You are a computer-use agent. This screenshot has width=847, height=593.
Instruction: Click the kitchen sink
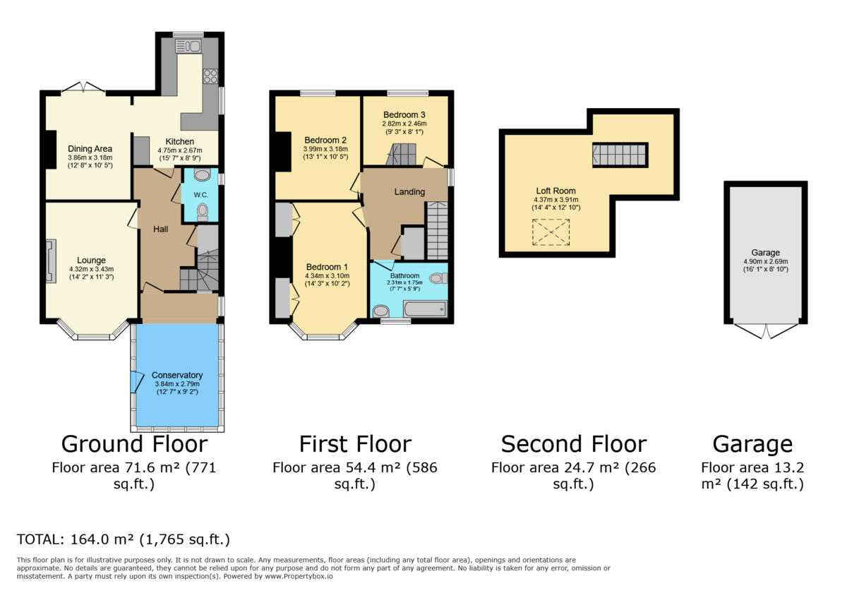tap(188, 46)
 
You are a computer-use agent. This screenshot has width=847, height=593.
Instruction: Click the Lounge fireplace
tap(49, 261)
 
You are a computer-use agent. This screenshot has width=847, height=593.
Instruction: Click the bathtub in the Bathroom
tap(424, 309)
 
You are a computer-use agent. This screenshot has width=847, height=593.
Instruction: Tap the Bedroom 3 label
tap(404, 114)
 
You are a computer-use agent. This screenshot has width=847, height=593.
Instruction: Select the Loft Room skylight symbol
tap(550, 232)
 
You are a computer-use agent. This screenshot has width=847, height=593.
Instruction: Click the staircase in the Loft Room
tap(620, 155)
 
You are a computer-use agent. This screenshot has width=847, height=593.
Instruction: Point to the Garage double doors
tap(765, 330)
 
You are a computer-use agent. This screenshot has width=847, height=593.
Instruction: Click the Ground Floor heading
tap(134, 444)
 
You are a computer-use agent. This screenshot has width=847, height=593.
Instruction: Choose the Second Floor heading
tap(573, 444)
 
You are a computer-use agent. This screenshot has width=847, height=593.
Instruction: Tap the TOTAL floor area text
tap(124, 540)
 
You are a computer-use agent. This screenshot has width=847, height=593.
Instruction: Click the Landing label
tap(409, 192)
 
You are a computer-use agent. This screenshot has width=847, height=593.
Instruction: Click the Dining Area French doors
tap(83, 88)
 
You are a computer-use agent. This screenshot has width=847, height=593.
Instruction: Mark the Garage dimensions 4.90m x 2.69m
tap(765, 261)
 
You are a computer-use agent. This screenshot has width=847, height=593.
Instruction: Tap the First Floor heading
tap(355, 444)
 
